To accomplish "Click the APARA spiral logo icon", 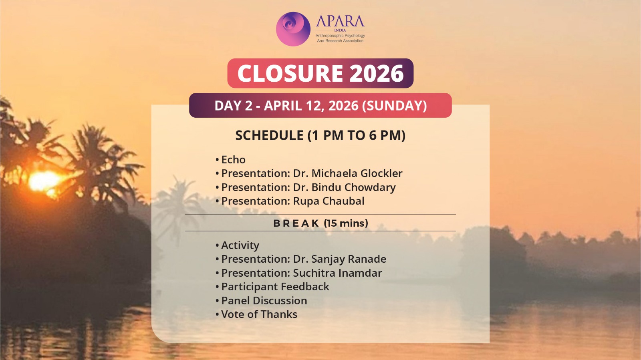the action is [293, 29].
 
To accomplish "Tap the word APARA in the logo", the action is [340, 21].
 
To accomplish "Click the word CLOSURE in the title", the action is [290, 73].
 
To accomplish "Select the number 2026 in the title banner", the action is [377, 73].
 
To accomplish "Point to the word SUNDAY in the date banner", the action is [394, 105].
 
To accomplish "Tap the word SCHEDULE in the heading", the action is [269, 135].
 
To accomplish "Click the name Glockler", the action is [381, 173].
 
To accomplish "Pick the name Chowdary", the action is [370, 187].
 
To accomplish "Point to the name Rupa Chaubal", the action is [329, 201].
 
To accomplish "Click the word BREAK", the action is [296, 223].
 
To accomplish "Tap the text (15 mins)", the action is [346, 223].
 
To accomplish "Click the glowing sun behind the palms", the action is [44, 181].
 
